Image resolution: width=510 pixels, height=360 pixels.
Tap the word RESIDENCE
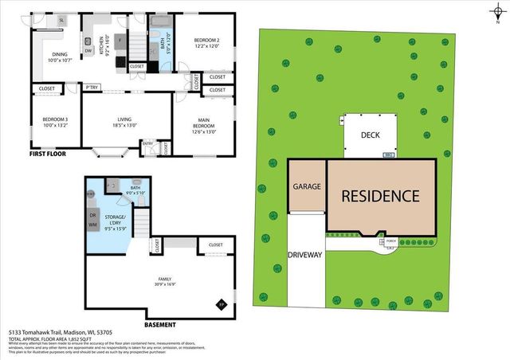tap(381, 195)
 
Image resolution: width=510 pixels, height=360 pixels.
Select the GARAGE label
tap(306, 186)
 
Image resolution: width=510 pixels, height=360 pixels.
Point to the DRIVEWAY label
tap(305, 255)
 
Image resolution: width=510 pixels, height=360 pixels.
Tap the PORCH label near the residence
tap(390, 241)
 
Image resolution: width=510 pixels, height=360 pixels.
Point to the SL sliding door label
tap(61, 20)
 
